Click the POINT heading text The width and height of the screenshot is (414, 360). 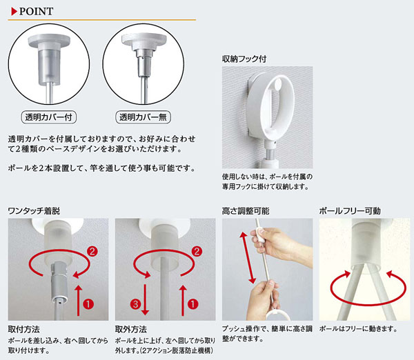[36, 11]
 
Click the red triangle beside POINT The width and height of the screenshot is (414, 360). [14, 11]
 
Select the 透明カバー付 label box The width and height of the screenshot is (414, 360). [48, 117]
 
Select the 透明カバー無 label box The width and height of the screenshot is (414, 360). [143, 117]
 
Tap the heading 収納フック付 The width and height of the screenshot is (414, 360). [244, 59]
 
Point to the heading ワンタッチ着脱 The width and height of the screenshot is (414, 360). [34, 211]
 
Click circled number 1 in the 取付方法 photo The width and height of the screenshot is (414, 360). [88, 303]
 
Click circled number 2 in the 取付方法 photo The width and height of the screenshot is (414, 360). [92, 251]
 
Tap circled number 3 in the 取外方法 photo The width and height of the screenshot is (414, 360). [135, 304]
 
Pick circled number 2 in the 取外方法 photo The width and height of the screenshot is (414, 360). [197, 251]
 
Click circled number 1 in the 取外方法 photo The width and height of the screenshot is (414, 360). [193, 303]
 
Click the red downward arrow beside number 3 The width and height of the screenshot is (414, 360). [145, 299]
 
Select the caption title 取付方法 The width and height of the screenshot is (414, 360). [23, 330]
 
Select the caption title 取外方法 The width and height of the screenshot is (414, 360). [130, 330]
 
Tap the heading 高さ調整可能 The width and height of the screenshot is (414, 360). [246, 211]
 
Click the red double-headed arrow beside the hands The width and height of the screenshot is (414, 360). [248, 257]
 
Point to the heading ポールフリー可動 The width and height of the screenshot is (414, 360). [350, 211]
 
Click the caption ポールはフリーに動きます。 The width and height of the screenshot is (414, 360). [359, 329]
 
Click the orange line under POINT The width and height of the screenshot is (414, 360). [102, 19]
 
